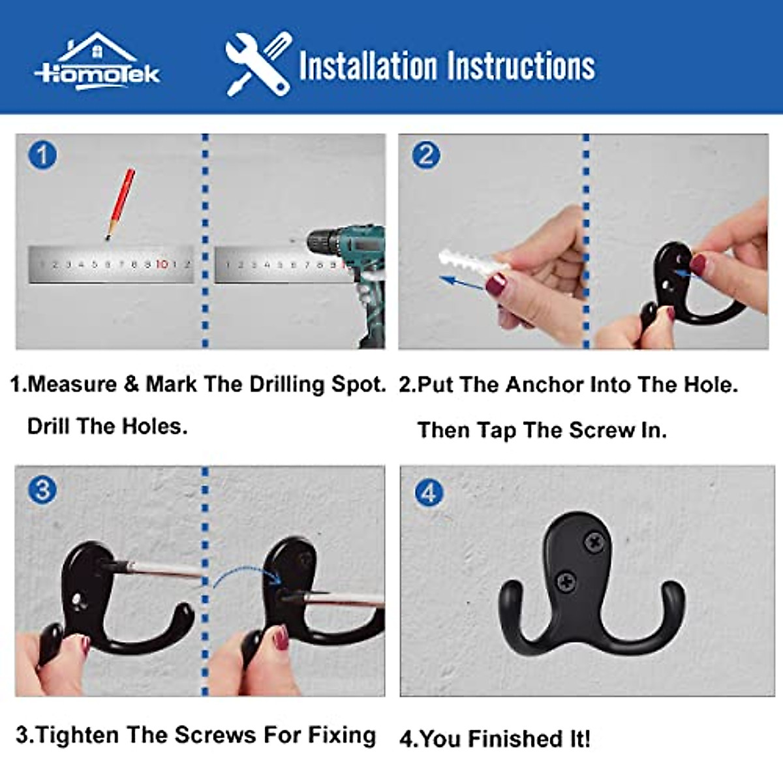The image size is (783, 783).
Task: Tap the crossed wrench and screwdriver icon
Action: tap(258, 64)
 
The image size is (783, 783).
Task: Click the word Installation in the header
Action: tap(368, 65)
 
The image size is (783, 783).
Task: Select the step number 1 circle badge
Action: tap(42, 155)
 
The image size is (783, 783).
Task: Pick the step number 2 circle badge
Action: tap(426, 155)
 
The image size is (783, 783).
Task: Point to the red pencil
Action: tap(121, 204)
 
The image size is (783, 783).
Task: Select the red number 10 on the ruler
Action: tap(162, 265)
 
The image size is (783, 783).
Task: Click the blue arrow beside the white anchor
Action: tap(461, 283)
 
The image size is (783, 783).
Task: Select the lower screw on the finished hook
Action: tap(567, 582)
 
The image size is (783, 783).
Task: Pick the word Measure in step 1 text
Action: tap(72, 384)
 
